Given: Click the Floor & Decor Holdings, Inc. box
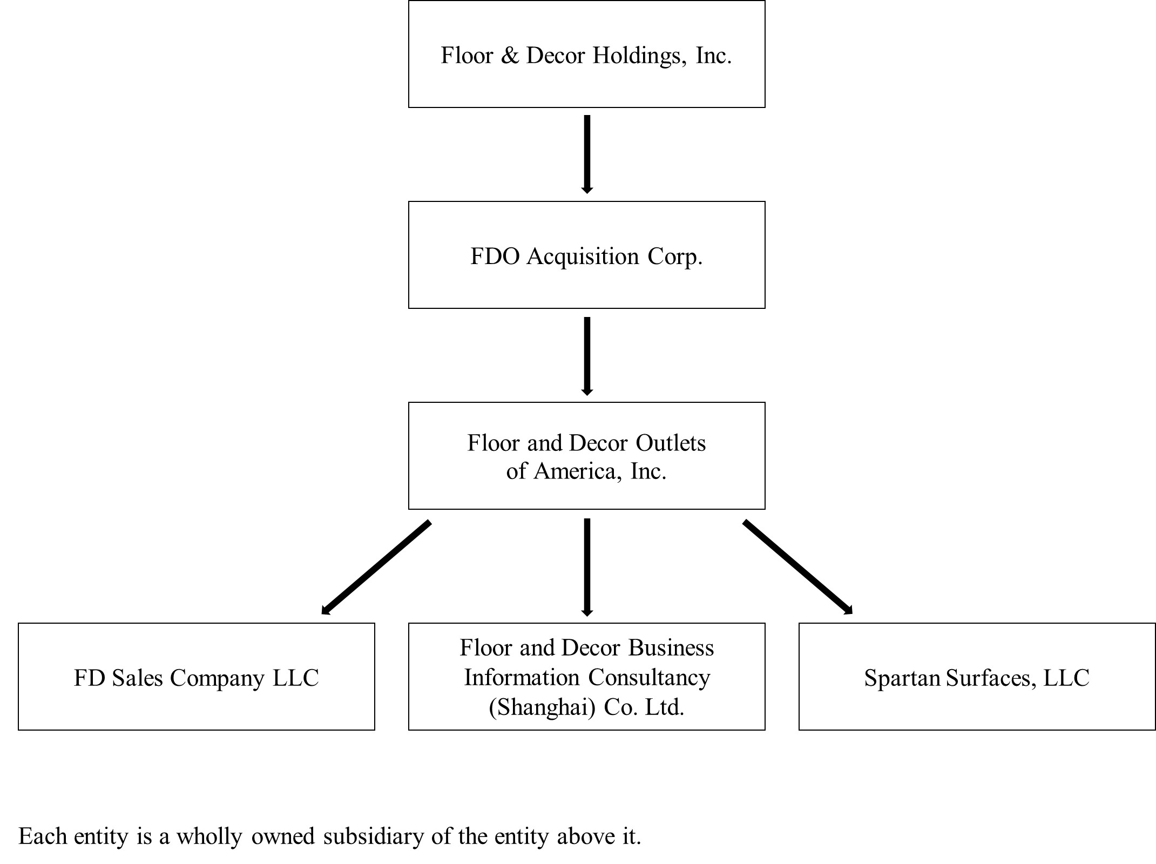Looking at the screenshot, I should [586, 54].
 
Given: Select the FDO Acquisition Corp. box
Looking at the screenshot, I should [586, 255].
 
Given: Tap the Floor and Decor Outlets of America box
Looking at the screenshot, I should [586, 456].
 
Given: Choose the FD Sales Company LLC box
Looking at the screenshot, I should [196, 677].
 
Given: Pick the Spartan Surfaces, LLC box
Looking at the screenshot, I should [977, 677].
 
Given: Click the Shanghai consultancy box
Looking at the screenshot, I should [586, 677].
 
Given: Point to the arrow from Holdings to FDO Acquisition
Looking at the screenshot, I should [587, 154].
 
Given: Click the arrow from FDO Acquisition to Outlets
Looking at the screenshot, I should [587, 355].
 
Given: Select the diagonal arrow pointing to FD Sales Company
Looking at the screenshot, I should [376, 567].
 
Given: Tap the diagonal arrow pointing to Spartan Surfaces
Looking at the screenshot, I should [797, 567].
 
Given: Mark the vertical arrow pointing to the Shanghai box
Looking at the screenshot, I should [587, 567].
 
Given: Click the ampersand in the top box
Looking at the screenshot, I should [509, 56].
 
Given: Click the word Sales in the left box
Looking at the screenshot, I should [138, 678].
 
